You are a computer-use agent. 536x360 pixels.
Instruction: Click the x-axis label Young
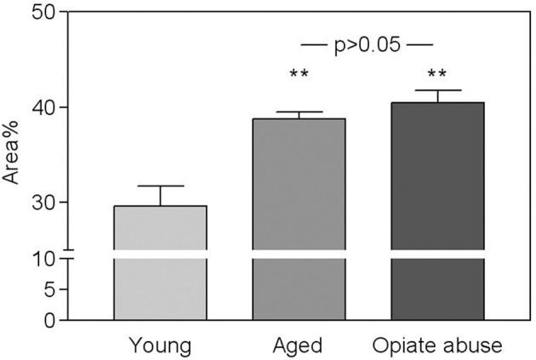pos(160,346)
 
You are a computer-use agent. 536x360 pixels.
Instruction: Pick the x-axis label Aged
pos(299,346)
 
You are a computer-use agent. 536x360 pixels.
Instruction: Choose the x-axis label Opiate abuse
pos(437,346)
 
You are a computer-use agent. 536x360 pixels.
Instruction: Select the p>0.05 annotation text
pos(368,43)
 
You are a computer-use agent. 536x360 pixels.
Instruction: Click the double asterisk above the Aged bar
pos(299,75)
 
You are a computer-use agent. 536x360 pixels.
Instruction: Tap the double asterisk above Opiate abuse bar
pos(436,75)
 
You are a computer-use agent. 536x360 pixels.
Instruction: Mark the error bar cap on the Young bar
pos(160,186)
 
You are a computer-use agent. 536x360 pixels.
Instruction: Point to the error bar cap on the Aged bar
pos(299,112)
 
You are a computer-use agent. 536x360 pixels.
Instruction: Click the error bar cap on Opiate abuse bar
pos(436,90)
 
